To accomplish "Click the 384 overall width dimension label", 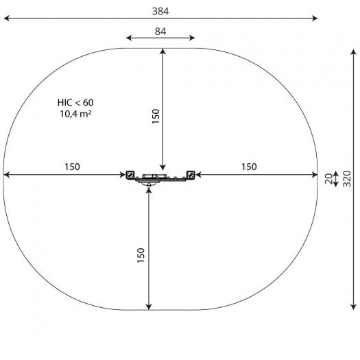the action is (x=160, y=11).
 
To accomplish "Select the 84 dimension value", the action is (x=160, y=32).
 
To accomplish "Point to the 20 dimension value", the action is (x=328, y=179).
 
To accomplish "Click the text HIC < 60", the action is (x=75, y=103).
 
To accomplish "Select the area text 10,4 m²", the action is (x=75, y=114).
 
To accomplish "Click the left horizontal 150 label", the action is (x=72, y=167).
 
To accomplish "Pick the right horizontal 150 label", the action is (x=249, y=167).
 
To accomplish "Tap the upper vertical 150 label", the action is (x=156, y=117).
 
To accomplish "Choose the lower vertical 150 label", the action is (x=141, y=255).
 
